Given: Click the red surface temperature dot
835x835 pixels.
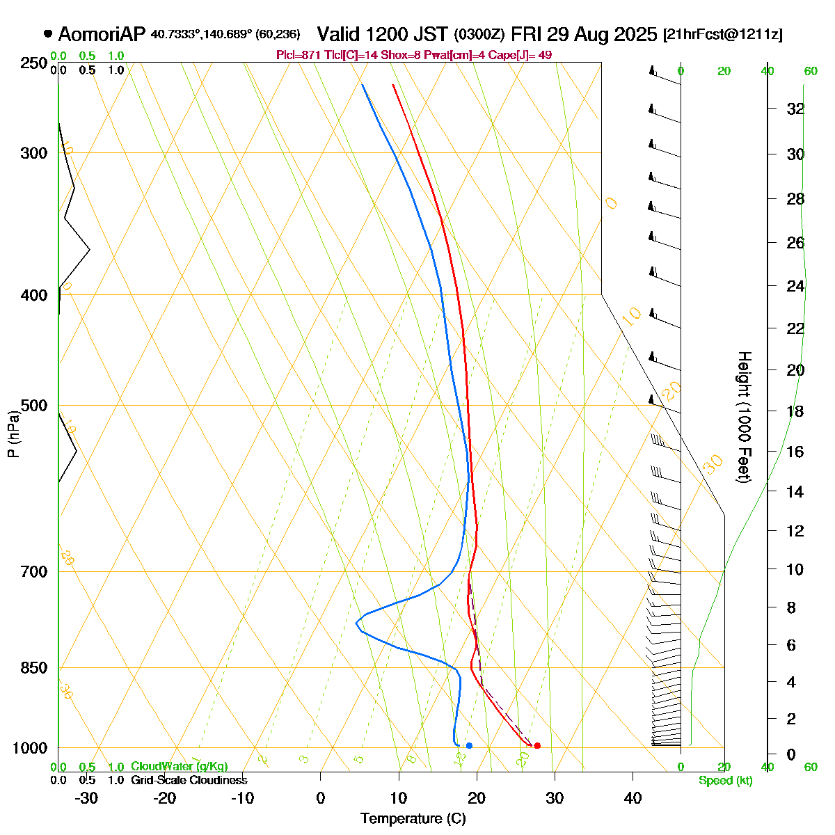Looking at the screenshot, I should [x=536, y=745].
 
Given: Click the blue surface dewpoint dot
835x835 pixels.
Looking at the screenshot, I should [x=469, y=745].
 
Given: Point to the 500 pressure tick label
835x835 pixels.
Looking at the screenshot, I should [x=34, y=405].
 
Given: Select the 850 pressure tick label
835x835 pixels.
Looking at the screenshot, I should [x=34, y=667].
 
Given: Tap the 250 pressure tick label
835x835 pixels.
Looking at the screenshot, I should [x=34, y=63].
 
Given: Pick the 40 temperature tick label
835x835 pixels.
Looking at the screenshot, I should [x=632, y=797].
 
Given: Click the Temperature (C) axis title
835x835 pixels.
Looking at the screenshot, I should [x=413, y=818].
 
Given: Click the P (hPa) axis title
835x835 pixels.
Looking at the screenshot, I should [x=13, y=434].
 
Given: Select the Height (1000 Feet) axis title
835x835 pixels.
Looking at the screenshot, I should [x=743, y=417].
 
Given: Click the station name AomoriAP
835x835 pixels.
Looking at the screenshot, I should [x=102, y=34].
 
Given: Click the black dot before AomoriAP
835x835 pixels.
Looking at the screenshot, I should [x=48, y=33].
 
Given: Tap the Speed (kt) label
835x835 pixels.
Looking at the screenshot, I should [x=725, y=781].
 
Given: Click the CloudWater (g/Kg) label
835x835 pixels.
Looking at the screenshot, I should [x=179, y=766].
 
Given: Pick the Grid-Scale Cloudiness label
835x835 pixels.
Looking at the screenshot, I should [x=189, y=780].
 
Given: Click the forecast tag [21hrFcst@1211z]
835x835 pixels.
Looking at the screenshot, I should [x=723, y=35].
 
